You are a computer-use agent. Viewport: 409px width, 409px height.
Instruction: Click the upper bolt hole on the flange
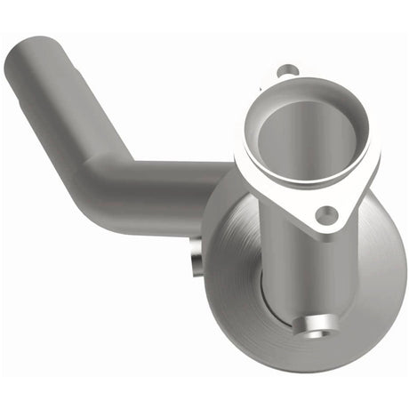pyautogui.click(x=285, y=70)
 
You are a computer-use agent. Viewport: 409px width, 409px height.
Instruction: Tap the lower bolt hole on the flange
pyautogui.click(x=327, y=214)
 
